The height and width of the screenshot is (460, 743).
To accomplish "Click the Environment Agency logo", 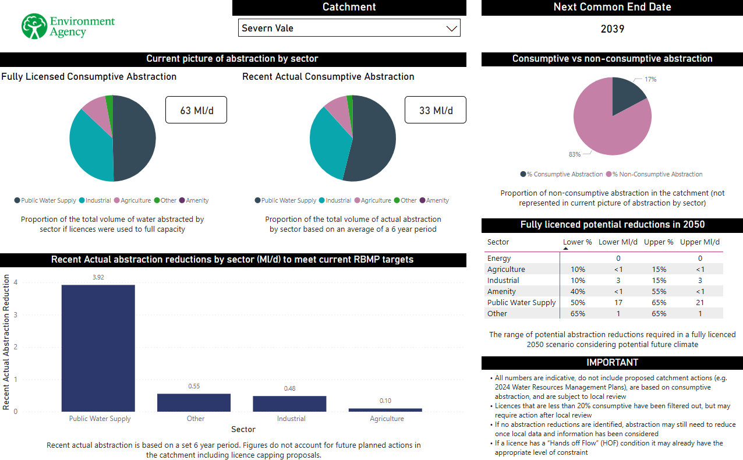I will coord(68,27).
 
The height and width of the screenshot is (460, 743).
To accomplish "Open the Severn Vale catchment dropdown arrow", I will coord(451,29).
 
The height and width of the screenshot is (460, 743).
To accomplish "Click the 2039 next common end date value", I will coord(612,29).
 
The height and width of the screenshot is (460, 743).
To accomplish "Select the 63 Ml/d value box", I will coord(196,110).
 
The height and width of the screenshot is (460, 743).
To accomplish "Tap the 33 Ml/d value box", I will coord(436,110).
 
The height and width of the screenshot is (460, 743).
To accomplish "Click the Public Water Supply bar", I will coord(98,348).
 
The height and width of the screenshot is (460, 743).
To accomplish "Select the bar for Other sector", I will coord(194,402).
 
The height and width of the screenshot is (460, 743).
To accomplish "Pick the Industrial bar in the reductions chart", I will coord(289,404).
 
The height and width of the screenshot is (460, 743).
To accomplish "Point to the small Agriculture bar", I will coord(385,410).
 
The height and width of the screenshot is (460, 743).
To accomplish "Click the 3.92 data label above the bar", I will coord(98,277).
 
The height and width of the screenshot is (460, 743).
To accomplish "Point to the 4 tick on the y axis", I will coord(16,282).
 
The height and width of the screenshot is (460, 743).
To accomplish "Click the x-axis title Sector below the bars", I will coord(243,429).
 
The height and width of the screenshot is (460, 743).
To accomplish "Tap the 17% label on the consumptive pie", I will coord(650,79).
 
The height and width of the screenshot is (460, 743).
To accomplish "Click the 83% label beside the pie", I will coord(575,154).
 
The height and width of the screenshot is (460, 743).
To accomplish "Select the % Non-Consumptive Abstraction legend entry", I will coord(654,174).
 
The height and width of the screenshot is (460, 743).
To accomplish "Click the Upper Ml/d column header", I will coord(700,242).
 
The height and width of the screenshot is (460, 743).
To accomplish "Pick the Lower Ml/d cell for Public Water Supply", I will coord(618,302).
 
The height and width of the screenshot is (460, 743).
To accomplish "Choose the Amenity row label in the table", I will coord(501,291).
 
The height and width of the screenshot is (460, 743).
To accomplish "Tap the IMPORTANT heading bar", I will coord(612,362).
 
